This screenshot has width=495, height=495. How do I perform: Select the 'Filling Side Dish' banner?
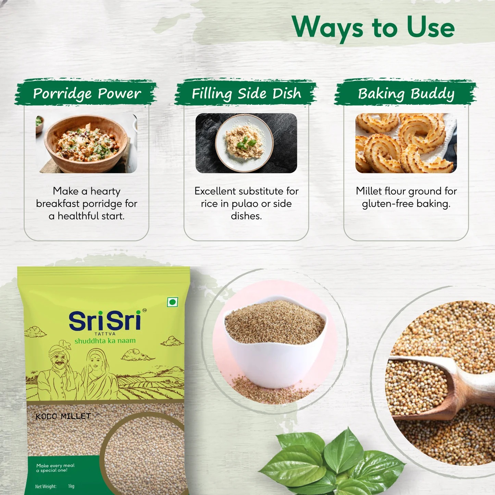(x=246, y=93)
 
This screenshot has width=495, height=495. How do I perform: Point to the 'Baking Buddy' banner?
(x=406, y=93)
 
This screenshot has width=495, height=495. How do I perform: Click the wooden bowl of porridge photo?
(x=86, y=143)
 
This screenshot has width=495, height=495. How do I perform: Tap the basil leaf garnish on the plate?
(x=245, y=143)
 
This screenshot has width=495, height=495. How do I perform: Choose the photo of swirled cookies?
(x=406, y=143)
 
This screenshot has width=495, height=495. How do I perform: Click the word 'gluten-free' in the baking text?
(x=388, y=204)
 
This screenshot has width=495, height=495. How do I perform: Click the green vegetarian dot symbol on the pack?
(x=172, y=302)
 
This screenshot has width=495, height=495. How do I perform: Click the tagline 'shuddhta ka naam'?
(x=105, y=341)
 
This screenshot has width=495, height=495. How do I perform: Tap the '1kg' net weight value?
(x=71, y=486)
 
